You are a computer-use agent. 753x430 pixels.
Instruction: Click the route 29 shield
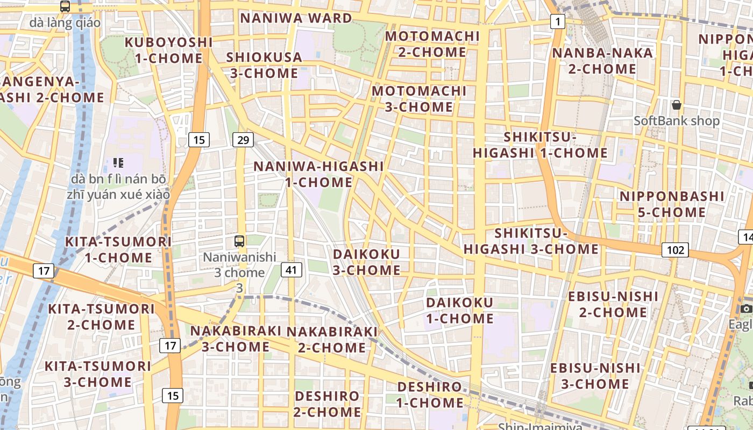point(243,140)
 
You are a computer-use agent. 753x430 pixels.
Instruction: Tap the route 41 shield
point(291,270)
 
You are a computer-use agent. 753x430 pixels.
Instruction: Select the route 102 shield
point(675,250)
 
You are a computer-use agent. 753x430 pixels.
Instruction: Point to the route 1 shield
point(558,22)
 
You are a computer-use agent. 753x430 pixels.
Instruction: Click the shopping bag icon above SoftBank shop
point(676,104)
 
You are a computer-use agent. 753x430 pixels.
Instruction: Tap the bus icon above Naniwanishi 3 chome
point(239,241)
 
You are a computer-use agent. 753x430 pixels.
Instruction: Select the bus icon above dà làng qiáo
point(65,6)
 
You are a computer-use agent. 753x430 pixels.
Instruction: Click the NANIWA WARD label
point(296,18)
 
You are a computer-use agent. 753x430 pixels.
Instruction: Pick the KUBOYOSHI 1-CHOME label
point(169,50)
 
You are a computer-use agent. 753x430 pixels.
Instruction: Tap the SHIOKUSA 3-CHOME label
point(264,65)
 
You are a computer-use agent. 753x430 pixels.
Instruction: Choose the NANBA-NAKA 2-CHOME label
point(602,61)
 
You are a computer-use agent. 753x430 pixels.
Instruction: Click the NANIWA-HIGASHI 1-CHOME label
point(318,174)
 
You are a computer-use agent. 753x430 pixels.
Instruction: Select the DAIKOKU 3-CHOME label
point(366,262)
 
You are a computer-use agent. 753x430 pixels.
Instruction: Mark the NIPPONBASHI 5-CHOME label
point(672,204)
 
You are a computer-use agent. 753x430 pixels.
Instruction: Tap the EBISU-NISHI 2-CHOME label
point(613,304)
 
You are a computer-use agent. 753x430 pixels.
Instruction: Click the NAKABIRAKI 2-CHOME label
point(332,340)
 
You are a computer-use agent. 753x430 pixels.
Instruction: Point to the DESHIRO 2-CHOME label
point(327,404)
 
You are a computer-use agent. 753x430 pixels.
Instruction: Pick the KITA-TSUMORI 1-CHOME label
point(118,249)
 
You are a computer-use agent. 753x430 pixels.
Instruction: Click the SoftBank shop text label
point(676,120)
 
